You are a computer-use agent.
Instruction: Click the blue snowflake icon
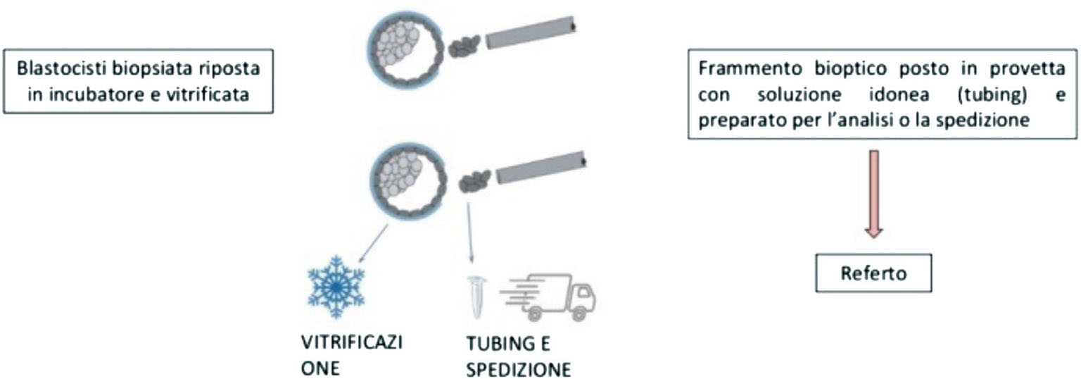336,287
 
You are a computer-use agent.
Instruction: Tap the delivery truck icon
548,297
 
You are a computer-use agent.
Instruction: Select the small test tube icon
476,297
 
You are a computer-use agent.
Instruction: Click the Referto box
873,273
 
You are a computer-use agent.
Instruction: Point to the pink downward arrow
873,194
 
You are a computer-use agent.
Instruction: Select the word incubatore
96,94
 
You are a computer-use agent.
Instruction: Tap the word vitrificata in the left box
208,94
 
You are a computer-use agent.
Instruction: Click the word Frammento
750,68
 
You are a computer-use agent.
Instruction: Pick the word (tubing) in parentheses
992,94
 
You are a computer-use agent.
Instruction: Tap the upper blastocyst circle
405,50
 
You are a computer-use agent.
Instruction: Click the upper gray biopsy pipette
531,32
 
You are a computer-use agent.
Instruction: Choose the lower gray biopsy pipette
541,167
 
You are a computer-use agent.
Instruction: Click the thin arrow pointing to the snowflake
373,243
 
